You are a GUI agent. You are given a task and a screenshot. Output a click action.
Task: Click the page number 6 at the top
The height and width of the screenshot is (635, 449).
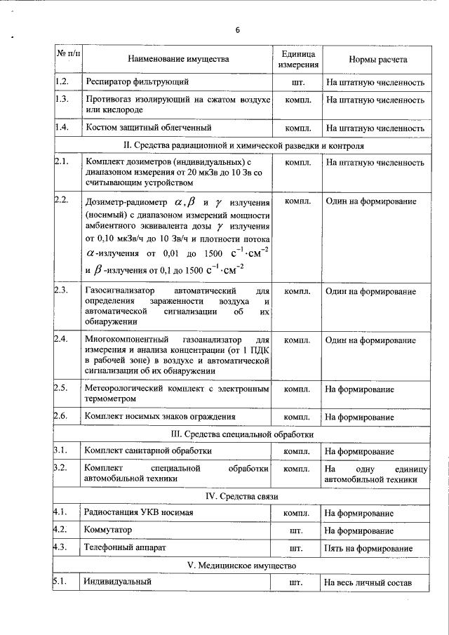coord(238,30)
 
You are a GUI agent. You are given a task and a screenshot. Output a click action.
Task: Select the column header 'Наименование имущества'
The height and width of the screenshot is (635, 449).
coord(177,60)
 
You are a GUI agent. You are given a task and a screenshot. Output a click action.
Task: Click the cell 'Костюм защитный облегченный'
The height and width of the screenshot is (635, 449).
coord(147,128)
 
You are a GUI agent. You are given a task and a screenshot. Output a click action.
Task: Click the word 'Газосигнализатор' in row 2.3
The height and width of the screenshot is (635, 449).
coord(117,290)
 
